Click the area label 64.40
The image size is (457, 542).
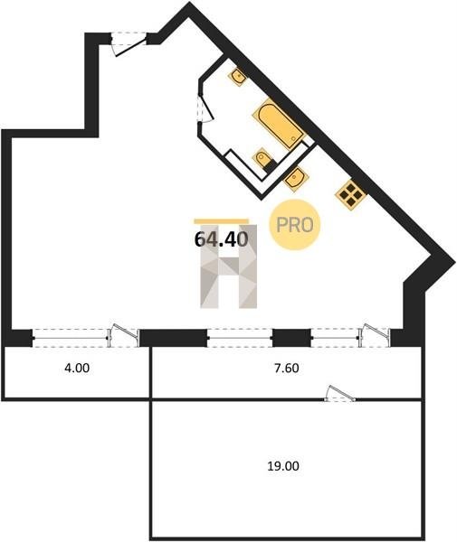222,238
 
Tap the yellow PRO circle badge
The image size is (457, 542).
295,225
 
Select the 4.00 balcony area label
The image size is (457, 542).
77,369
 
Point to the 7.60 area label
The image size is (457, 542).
286,369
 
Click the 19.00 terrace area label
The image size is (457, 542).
283,466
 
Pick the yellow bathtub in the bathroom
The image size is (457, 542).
279,124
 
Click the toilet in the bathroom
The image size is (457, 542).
263,160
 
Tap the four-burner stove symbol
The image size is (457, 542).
351,195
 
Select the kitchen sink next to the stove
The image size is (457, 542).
296,179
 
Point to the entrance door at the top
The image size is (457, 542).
129,44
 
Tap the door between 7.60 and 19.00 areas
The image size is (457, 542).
340,393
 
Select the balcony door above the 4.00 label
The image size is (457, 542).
124,335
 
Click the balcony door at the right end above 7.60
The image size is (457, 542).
376,335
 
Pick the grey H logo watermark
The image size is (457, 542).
229,266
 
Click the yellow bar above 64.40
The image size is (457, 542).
222,221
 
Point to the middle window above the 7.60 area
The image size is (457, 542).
240,338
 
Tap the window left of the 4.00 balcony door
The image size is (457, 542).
71,338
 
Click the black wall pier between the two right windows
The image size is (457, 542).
291,338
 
